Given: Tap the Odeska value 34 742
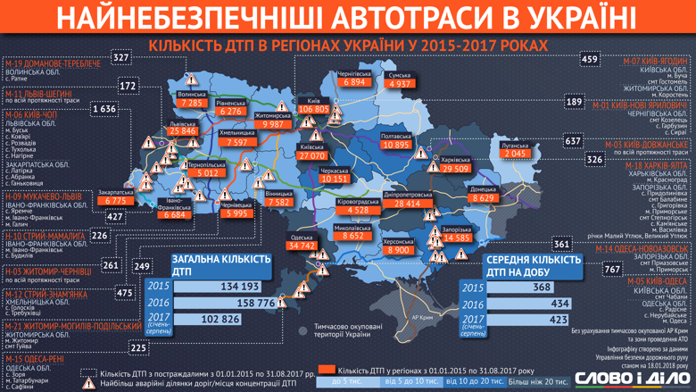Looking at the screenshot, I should [x=302, y=246].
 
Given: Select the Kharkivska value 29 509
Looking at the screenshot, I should [x=455, y=169].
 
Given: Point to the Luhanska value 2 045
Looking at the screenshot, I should [x=515, y=154].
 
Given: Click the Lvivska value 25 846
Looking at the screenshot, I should [x=182, y=131].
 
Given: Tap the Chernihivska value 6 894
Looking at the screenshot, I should [x=354, y=82].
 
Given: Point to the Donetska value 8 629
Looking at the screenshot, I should [x=484, y=198].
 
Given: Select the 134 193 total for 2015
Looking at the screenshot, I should [x=239, y=287].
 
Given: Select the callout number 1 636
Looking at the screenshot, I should [x=104, y=109].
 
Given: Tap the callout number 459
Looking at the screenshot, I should [x=589, y=59].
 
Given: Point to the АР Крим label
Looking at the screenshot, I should [x=422, y=316].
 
